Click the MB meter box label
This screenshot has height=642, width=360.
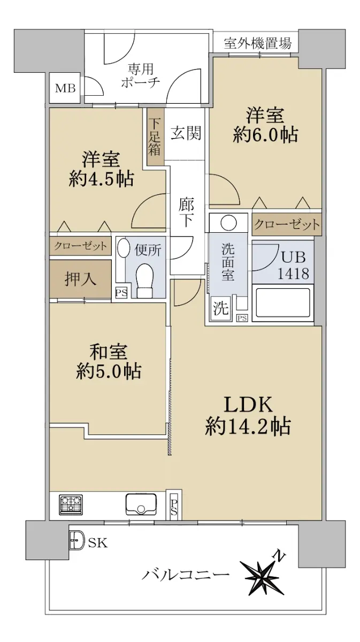click(x=65, y=88)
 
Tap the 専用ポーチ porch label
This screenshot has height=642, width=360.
click(x=141, y=75)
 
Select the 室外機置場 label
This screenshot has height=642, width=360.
click(x=258, y=43)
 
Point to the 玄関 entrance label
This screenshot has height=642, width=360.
click(x=186, y=133)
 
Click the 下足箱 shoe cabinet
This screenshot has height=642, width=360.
click(x=155, y=136)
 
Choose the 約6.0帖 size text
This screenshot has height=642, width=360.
click(x=265, y=134)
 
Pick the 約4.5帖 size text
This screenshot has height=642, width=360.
click(x=101, y=179)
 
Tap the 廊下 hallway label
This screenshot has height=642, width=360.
click(x=186, y=212)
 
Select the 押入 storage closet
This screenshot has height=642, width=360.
click(x=80, y=279)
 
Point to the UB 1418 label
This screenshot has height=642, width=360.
click(x=293, y=265)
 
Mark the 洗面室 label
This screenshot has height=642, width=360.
click(x=228, y=262)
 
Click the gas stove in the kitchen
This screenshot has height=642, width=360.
click(x=71, y=505)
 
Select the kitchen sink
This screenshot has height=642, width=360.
click(x=141, y=504)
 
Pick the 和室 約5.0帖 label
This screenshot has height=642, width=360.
click(x=109, y=362)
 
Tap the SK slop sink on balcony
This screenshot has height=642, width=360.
click(x=77, y=539)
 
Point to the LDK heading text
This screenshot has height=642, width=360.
click(x=248, y=404)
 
